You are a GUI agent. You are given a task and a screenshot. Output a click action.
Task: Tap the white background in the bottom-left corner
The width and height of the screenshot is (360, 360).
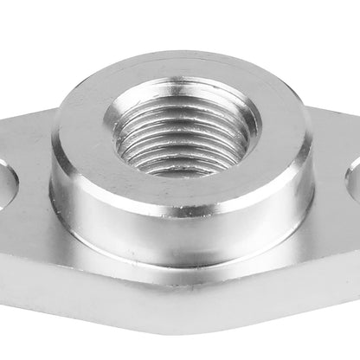pos(17,342)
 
